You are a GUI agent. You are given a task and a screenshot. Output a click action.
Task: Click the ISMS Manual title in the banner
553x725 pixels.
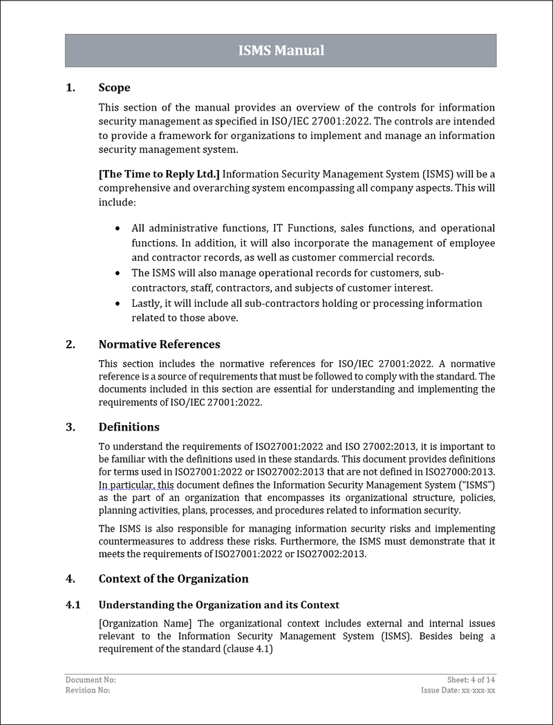pos(281,50)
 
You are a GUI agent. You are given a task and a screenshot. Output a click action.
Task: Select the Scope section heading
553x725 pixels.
pos(114,88)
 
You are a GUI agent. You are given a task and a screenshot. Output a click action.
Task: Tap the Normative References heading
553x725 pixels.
pos(159,344)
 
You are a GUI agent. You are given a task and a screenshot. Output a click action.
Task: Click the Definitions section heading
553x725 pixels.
pos(129,427)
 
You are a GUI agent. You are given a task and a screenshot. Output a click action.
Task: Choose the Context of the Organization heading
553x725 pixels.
pos(174,578)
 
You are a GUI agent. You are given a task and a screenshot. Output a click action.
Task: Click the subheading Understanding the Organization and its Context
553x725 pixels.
pos(218,605)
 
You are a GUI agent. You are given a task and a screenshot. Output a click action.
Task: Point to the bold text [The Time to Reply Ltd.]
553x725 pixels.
pos(159,174)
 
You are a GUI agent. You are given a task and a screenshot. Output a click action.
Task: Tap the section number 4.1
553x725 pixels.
pos(73,605)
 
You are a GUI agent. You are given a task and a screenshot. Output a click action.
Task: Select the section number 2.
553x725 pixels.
pos(70,344)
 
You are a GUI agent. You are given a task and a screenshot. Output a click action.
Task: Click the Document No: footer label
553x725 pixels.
pos(86,680)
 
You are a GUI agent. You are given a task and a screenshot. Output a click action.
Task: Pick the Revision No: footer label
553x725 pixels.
pos(87,690)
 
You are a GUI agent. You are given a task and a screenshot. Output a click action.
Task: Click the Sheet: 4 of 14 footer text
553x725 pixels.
pos(471,680)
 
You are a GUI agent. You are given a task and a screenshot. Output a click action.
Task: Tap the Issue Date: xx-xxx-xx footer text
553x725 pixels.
pos(458,690)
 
